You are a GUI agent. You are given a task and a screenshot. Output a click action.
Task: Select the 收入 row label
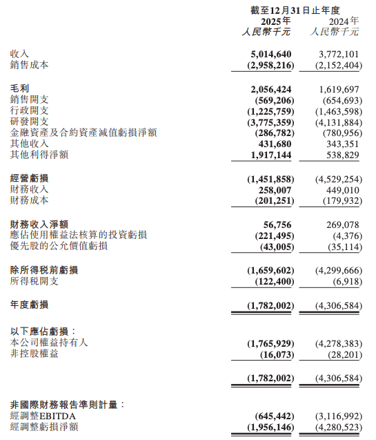20,54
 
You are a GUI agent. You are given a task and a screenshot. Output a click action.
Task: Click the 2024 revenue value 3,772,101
337,54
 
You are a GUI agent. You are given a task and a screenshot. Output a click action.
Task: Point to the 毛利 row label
20,90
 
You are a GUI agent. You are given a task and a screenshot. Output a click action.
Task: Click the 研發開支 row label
30,122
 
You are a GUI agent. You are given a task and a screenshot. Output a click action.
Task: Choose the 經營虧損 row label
30,179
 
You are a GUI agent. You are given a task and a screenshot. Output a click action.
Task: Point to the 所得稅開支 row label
34,281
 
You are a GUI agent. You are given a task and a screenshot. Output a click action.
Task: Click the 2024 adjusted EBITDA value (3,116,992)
337,417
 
